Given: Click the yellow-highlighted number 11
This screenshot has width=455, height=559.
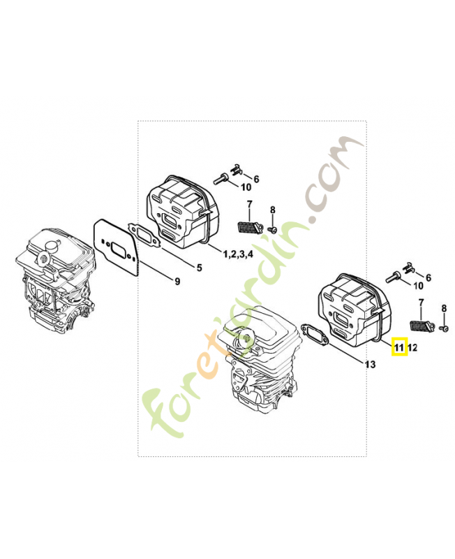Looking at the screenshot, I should click(x=399, y=347).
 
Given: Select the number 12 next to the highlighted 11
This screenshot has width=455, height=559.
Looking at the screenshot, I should click(x=412, y=347).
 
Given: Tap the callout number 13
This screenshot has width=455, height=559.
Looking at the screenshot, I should click(x=370, y=365).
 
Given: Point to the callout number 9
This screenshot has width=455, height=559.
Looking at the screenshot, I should click(x=177, y=281).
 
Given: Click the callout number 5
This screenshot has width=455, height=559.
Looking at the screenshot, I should click(x=199, y=267).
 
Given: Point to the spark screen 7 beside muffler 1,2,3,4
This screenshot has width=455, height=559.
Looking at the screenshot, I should click(x=247, y=227).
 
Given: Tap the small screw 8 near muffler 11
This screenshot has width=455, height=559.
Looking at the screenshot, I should click(x=443, y=328).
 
